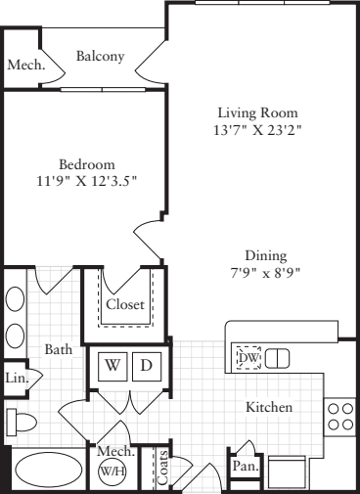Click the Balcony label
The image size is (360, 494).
[101, 57]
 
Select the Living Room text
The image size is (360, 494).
[256, 112]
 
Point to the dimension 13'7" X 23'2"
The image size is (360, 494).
[256, 130]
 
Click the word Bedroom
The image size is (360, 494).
[88, 164]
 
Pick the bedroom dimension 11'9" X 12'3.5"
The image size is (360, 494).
[88, 182]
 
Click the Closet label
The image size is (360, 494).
[124, 305]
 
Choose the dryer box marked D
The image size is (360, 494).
[147, 365]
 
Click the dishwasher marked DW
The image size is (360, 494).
[248, 358]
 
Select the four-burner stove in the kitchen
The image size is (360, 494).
[340, 417]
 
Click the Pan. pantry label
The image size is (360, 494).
[243, 469]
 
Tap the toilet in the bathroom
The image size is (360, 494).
[22, 423]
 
